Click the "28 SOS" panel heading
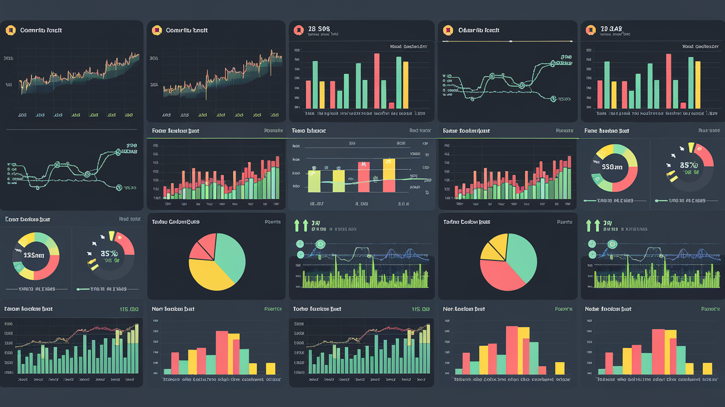pos(319,28)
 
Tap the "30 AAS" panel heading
pos(611,28)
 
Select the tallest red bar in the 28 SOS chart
pos(377,80)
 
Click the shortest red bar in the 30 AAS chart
pos(683,105)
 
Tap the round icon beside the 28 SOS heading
pos(298,30)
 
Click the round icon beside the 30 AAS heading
pos(590,30)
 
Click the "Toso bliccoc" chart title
pos(309,131)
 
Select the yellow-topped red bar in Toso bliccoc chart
pos(389,176)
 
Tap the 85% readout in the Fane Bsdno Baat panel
pos(689,165)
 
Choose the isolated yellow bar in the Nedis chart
pos(707,368)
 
